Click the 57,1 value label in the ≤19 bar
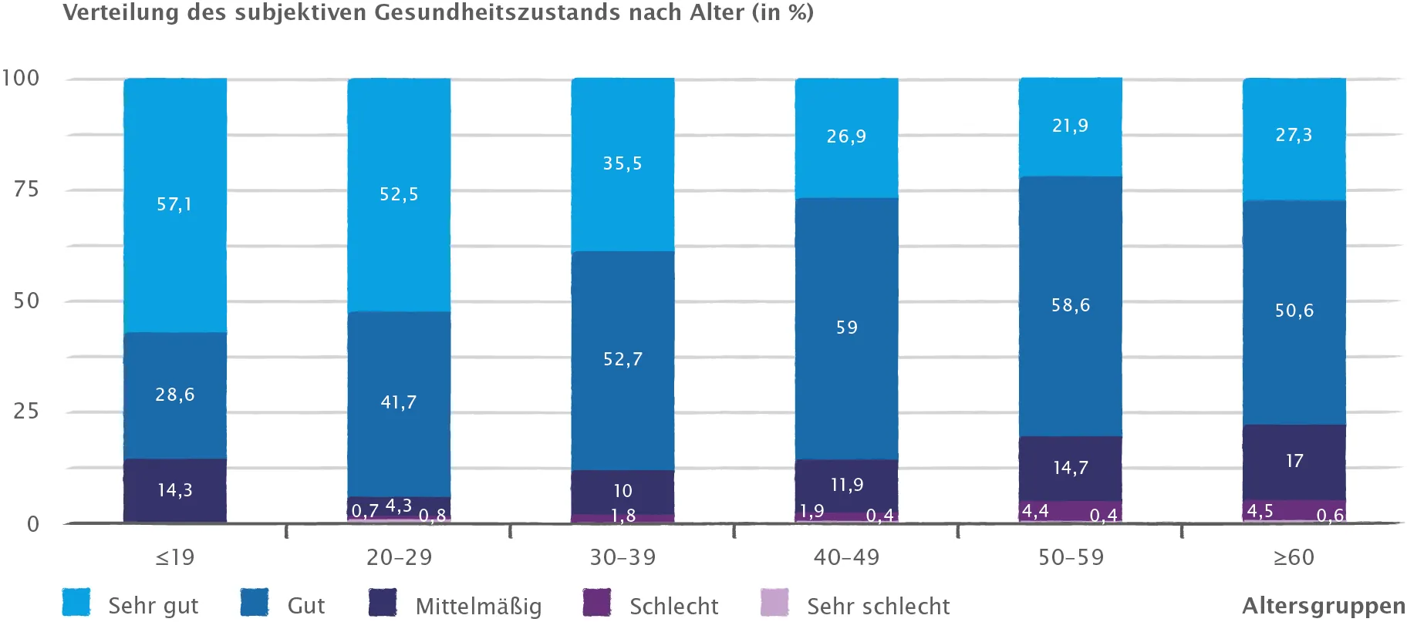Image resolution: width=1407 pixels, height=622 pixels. click(174, 204)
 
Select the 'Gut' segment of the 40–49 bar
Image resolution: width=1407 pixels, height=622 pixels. click(846, 328)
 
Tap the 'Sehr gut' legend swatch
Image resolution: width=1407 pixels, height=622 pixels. click(76, 603)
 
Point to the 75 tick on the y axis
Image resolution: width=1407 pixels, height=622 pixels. click(26, 190)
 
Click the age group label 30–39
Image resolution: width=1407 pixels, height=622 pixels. click(623, 557)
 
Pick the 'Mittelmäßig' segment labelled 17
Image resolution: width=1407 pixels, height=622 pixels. click(1294, 461)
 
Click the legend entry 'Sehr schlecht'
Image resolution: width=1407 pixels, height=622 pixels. click(878, 606)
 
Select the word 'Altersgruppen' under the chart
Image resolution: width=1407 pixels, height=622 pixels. click(1324, 606)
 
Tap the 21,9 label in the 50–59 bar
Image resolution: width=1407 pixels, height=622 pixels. click(1070, 126)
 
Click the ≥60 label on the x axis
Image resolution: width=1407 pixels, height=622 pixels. click(1294, 557)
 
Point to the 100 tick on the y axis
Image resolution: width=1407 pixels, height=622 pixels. click(21, 78)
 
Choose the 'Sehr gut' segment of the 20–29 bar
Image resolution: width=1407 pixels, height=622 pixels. click(399, 194)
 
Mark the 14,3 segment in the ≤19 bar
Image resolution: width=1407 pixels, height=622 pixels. click(175, 490)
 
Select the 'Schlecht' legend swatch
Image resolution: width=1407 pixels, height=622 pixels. click(597, 603)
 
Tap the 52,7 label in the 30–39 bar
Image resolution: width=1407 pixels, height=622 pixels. click(623, 359)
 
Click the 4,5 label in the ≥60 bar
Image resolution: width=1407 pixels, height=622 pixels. click(1260, 511)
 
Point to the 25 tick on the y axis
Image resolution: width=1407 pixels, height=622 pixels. click(26, 411)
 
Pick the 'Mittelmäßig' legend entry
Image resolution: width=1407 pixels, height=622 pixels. click(478, 606)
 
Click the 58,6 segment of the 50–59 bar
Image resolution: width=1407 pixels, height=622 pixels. click(1070, 305)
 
